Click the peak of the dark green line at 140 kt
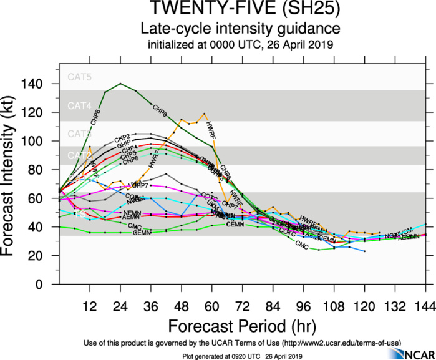tap(120, 84)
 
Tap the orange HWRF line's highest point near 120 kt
tap(204, 114)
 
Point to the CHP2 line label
tap(122, 137)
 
